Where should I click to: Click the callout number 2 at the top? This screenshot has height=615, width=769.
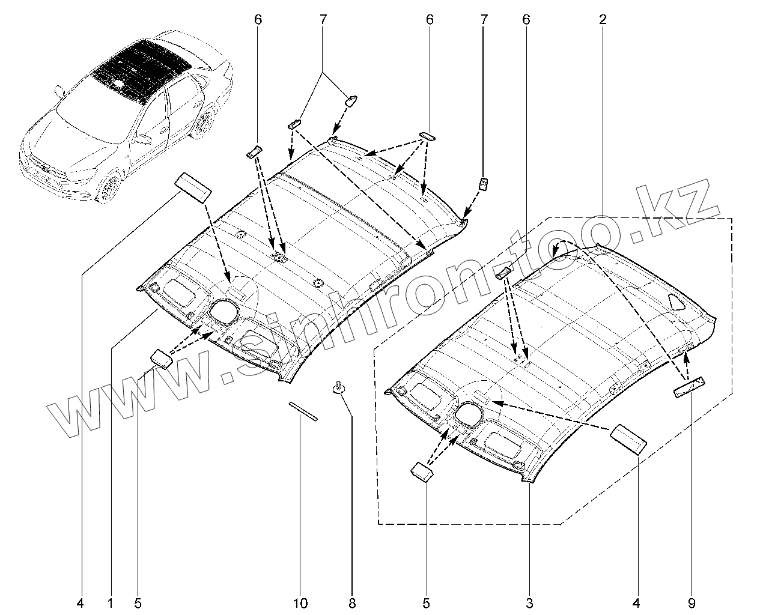click(x=603, y=19)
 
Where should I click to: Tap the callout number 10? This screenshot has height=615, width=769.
click(x=300, y=602)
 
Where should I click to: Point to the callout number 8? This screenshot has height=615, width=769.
click(x=352, y=602)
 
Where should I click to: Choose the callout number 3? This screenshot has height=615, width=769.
click(x=529, y=602)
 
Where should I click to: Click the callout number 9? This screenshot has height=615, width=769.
click(x=690, y=602)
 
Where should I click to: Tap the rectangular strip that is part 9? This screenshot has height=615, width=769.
click(x=689, y=387)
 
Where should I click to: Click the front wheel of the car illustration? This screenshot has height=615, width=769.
click(x=109, y=187)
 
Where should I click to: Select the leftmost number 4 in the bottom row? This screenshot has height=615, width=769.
click(x=81, y=602)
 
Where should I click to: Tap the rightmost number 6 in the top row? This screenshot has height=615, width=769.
click(x=526, y=19)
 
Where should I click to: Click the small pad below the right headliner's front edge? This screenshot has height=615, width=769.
click(x=422, y=471)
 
